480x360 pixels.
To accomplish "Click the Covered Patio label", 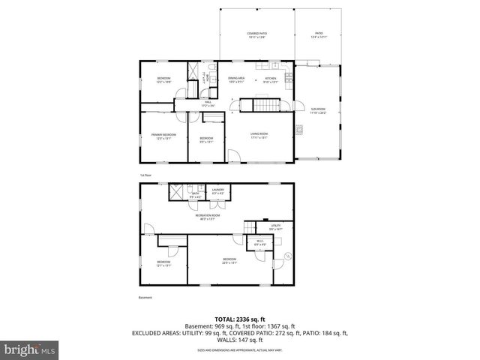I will [257, 35].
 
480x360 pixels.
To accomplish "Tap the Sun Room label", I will [318, 111].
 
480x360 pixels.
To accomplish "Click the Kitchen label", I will [271, 79].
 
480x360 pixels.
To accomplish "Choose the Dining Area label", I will [236, 79].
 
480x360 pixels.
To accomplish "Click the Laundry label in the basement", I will [218, 193].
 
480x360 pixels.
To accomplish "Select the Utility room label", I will [276, 226].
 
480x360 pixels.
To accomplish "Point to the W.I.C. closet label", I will [259, 242].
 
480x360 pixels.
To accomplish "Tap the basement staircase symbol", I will [249, 227].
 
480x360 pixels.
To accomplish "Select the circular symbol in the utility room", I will [286, 256].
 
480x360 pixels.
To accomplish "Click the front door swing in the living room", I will [234, 158].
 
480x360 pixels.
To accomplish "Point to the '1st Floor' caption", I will [145, 175].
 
